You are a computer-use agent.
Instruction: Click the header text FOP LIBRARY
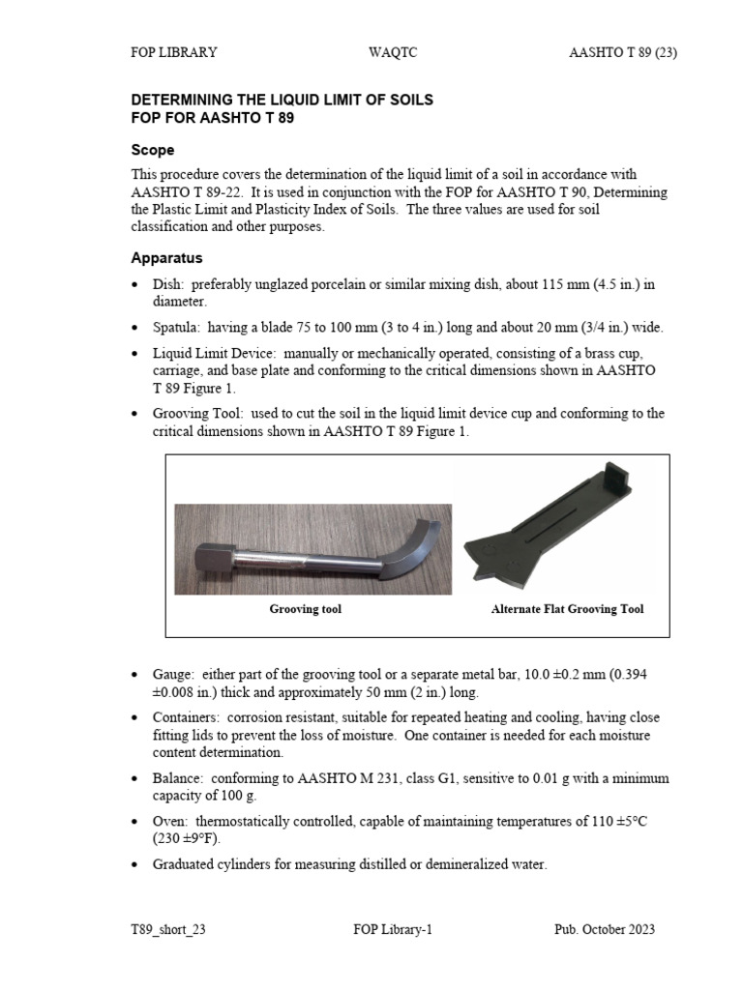(174, 53)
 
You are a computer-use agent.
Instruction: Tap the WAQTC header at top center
(392, 53)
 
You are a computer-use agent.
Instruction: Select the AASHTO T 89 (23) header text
(623, 53)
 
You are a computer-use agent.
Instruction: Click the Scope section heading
(153, 151)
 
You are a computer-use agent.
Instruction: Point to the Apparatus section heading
(166, 258)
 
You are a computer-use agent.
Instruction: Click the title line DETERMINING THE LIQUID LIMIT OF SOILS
(282, 100)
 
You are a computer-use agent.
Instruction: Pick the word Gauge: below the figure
(175, 672)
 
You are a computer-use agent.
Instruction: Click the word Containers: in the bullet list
(186, 717)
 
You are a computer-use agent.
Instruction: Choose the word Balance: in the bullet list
(177, 777)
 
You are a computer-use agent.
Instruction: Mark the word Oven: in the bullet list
(171, 821)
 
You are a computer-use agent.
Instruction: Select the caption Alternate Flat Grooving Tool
(567, 609)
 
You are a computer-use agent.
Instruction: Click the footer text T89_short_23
(168, 929)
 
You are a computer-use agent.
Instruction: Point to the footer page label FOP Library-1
(393, 929)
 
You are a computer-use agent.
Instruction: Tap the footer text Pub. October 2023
(604, 929)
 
